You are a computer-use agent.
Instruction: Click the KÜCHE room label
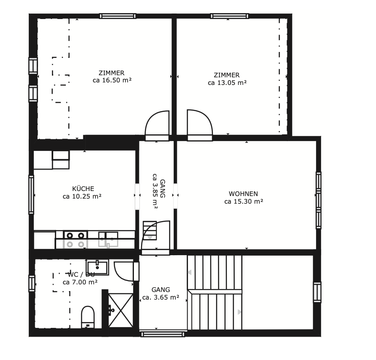point(83,188)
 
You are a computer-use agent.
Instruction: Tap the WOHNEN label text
point(243,194)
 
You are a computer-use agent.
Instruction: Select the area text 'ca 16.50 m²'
point(112,80)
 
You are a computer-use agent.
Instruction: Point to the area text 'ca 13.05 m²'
point(227,83)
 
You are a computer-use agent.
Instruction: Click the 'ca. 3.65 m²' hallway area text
point(161,297)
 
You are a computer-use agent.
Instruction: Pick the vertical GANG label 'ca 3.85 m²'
point(155,191)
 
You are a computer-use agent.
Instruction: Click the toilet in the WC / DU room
point(88,317)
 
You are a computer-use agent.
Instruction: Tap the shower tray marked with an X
point(121,311)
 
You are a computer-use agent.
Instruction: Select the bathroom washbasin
point(97,267)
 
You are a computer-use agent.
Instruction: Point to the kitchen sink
point(108,239)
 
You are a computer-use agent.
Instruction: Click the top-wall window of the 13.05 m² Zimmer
point(229,16)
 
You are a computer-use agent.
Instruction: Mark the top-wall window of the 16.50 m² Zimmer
point(118,16)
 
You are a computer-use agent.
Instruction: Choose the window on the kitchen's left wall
point(31,195)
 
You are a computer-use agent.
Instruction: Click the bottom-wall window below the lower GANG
point(163,334)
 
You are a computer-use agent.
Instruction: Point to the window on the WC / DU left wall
point(32,284)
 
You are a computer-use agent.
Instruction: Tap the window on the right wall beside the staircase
point(317,292)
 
